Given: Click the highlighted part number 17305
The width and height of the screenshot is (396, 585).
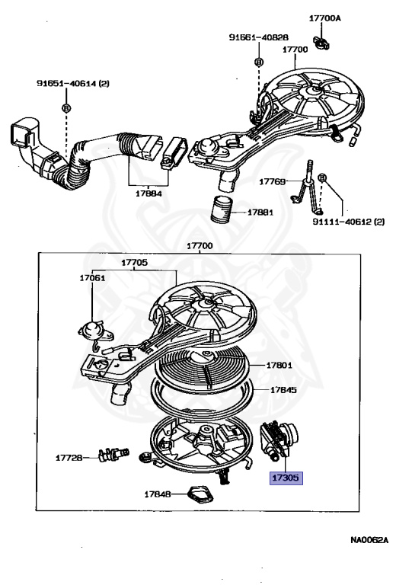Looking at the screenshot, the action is pos(286,478).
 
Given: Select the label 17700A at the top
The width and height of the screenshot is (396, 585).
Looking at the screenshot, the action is pos(324,18).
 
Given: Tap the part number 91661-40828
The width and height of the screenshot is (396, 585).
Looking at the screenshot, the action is pos(258,37).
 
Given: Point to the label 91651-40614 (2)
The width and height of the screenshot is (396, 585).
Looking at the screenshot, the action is pos(72,83).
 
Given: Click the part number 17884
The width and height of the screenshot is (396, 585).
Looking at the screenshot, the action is pos(148,193).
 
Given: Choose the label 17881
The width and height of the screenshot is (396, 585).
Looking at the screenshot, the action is pos(260,213).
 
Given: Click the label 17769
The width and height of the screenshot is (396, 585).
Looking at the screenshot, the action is pos(272,182).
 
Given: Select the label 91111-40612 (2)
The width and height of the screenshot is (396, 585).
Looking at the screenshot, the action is pos(348,222).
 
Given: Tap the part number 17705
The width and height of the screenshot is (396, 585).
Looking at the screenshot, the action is pos(134,263).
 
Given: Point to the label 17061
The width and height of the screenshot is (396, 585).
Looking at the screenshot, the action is pos(92,278).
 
